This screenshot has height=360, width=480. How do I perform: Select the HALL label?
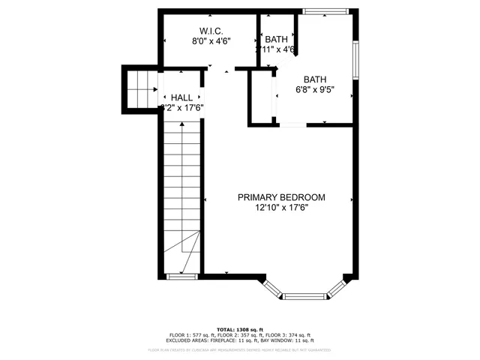click(181, 97)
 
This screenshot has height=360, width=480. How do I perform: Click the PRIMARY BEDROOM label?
click(281, 197)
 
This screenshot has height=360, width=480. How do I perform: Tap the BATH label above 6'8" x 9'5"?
click(315, 79)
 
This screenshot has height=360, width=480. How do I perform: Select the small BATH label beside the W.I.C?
click(276, 39)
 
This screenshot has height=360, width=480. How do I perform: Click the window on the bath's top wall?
click(325, 11)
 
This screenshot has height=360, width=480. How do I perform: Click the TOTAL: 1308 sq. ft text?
click(240, 329)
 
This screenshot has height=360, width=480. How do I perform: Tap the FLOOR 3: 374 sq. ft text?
click(288, 335)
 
